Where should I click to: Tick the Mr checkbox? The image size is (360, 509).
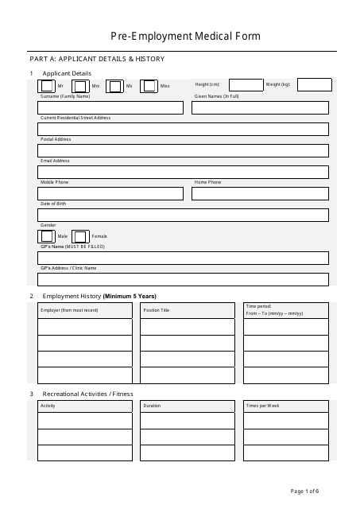point(48,85)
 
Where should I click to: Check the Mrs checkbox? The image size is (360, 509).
point(80,85)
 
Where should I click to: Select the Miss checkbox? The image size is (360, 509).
point(149,85)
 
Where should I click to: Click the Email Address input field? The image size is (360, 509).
point(184,172)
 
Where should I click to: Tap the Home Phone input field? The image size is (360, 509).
point(260,193)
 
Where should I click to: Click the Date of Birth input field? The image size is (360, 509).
point(184,215)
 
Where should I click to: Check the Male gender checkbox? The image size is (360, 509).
point(48,236)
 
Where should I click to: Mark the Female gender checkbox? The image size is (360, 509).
point(80,236)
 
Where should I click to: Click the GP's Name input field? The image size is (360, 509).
point(184,258)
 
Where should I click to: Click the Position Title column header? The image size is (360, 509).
point(157,310)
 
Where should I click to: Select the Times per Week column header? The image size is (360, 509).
point(262,406)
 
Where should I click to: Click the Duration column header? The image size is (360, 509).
point(152,406)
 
